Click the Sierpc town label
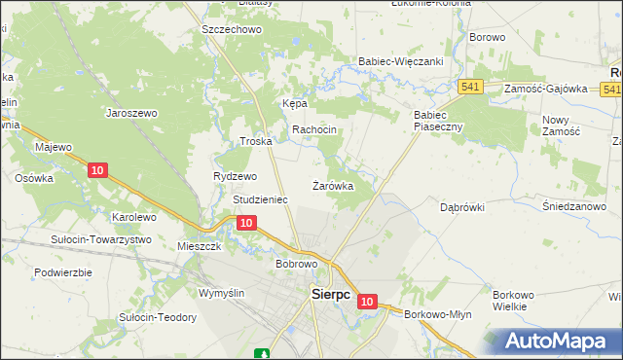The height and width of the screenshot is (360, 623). pyautogui.click(x=330, y=294)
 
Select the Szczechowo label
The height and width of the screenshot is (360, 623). pyautogui.click(x=232, y=29)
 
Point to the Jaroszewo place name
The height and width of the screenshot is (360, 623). pyautogui.click(x=131, y=113)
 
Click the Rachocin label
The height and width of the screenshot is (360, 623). pyautogui.click(x=314, y=130)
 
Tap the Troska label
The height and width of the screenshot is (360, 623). pyautogui.click(x=255, y=141)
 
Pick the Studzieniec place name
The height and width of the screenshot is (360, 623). pyautogui.click(x=260, y=199)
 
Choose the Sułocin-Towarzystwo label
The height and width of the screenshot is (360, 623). pyautogui.click(x=103, y=239)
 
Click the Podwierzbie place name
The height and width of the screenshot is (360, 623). pyautogui.click(x=62, y=272)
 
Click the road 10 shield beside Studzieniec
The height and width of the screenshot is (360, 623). pyautogui.click(x=246, y=223)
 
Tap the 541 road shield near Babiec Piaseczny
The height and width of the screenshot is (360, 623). pyautogui.click(x=472, y=88)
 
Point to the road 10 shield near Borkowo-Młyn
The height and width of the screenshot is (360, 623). pyautogui.click(x=366, y=303)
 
